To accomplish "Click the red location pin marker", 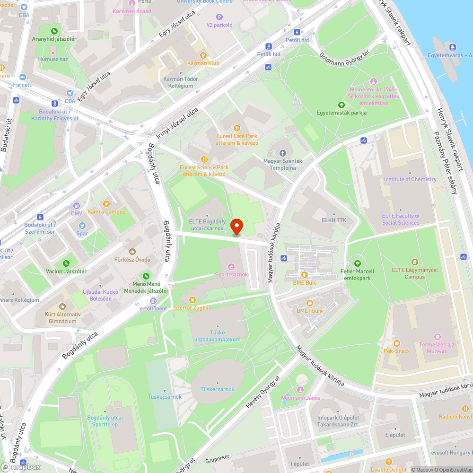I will click(x=236, y=227).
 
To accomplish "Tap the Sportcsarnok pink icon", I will click(x=231, y=267).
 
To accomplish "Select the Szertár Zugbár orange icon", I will click(x=192, y=299).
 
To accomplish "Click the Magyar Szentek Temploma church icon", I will click(x=283, y=153).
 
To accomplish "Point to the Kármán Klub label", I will click(x=203, y=63).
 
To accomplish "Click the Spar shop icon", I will click(x=82, y=226).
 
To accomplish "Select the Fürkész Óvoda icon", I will click(x=132, y=252).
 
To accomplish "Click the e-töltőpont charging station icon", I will click(x=153, y=301).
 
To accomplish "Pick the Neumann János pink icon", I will click(x=300, y=389).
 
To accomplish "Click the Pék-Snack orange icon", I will click(x=397, y=343).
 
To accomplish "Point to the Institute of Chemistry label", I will click(x=410, y=179).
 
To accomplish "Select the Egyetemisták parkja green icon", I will click(x=341, y=105).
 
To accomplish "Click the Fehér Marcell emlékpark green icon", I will click(x=358, y=263).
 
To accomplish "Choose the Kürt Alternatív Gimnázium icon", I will click(x=62, y=307).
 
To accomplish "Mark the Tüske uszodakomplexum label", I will click(x=218, y=339).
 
